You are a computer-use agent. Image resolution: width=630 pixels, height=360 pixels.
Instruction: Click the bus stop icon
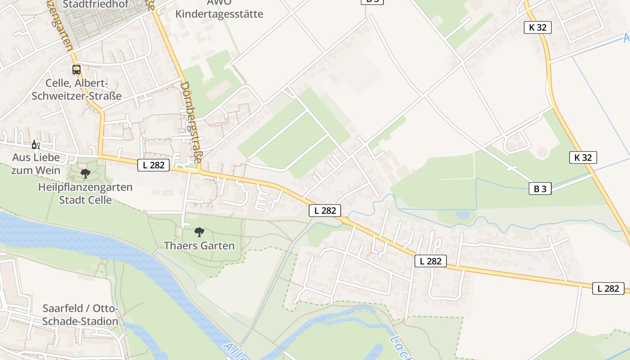click(x=76, y=70)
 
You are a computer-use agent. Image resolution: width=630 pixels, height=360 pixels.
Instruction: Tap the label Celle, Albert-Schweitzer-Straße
click(x=76, y=90)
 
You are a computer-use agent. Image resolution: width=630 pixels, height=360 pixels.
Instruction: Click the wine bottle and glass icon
click(x=36, y=144)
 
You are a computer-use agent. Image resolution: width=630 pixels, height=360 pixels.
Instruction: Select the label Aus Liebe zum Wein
click(x=36, y=164)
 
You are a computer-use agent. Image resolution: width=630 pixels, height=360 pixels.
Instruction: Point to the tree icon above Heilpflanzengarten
click(x=85, y=173)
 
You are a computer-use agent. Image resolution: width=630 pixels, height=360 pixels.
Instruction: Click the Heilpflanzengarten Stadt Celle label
click(x=85, y=193)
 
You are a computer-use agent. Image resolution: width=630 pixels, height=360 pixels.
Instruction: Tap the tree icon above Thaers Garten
click(x=199, y=232)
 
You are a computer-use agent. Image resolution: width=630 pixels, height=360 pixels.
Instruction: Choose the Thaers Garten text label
click(x=199, y=246)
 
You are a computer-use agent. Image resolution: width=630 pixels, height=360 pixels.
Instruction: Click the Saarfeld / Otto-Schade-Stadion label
click(x=81, y=315)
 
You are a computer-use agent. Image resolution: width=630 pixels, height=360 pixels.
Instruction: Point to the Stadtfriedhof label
click(x=96, y=4)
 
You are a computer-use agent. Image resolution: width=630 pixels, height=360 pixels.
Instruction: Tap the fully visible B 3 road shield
click(x=540, y=189)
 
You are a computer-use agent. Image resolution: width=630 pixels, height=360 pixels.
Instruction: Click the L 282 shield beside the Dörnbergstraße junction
click(x=153, y=165)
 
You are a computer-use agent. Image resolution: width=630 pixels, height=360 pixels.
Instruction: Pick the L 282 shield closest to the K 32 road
click(x=608, y=288)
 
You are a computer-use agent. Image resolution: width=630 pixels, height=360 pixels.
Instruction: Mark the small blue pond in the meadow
click(x=462, y=215)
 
